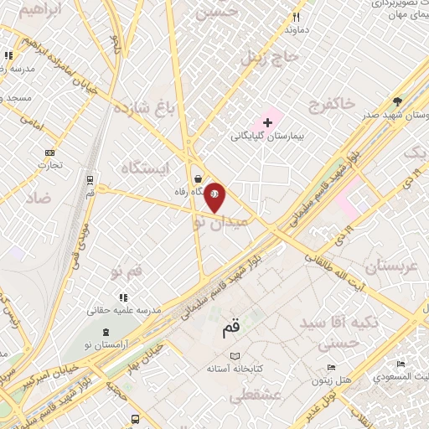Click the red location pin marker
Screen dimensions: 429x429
click(x=214, y=197)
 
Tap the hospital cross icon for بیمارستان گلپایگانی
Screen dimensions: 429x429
click(x=267, y=123)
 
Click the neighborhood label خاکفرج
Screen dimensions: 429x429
click(x=332, y=103)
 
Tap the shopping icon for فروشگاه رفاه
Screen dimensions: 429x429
click(x=197, y=178)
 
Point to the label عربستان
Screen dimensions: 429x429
click(x=386, y=266)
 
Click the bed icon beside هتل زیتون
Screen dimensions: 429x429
click(x=331, y=368)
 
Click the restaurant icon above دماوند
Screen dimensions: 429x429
click(x=295, y=16)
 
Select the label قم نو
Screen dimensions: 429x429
click(x=127, y=271)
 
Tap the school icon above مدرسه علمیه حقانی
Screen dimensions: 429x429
click(x=123, y=297)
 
